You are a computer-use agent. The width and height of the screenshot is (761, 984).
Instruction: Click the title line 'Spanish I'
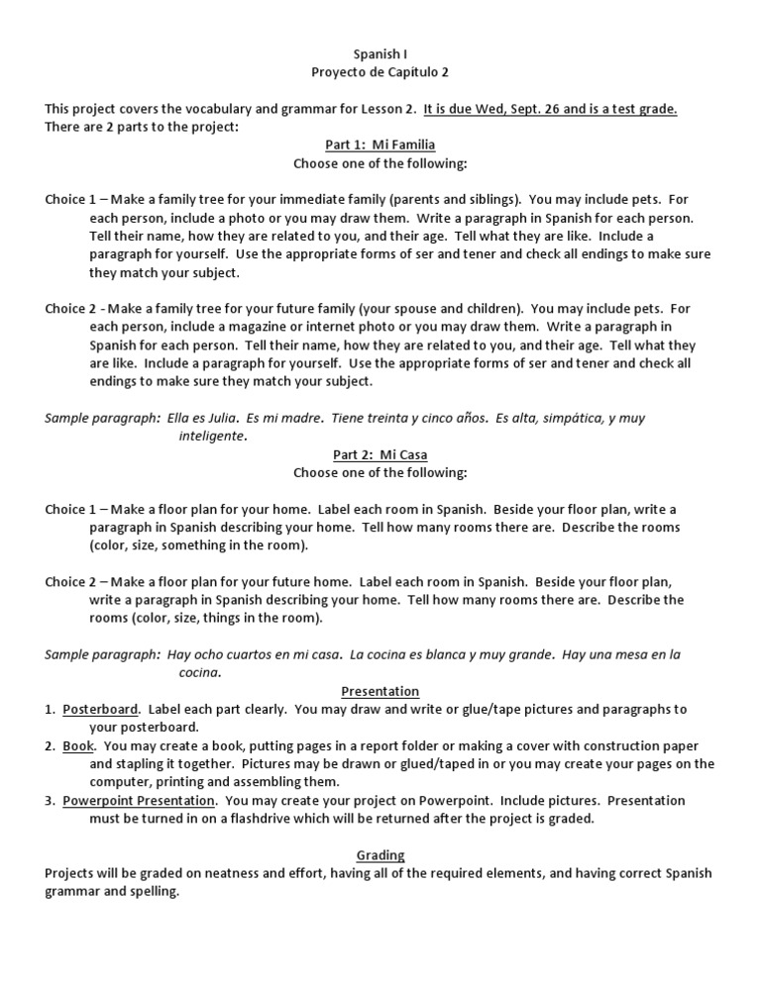tap(380, 54)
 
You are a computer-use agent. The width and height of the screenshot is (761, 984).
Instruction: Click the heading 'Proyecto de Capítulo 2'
tap(380, 72)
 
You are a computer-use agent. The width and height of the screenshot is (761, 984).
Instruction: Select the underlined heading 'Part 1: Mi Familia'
tap(380, 145)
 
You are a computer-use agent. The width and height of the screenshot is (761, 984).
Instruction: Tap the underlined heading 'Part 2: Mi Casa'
tap(380, 454)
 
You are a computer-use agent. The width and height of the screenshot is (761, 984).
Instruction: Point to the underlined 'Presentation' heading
tap(380, 691)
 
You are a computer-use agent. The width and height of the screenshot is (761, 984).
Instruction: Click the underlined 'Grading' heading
tap(380, 855)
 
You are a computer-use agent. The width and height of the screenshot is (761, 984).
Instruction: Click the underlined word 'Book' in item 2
tap(78, 745)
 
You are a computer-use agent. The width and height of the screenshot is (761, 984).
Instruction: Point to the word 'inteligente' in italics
tap(211, 436)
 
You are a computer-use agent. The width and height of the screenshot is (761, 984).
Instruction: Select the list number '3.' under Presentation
tap(50, 800)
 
